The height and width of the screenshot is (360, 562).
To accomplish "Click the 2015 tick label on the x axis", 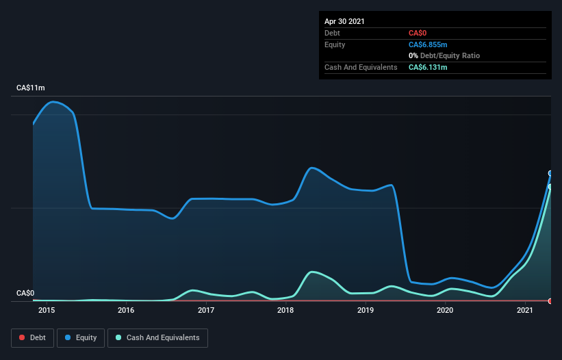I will [x=47, y=311].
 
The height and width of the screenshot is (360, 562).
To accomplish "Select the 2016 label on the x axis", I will [x=126, y=311].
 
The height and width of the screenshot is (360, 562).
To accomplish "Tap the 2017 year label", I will [x=206, y=311].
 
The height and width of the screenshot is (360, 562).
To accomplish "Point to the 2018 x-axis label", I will [x=285, y=311].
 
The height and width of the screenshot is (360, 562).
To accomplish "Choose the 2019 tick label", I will [x=366, y=311].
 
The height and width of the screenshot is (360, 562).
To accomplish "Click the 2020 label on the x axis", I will [x=445, y=311].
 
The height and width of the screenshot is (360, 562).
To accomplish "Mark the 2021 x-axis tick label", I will [x=525, y=311].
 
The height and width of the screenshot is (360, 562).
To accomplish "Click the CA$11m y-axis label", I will [x=31, y=88].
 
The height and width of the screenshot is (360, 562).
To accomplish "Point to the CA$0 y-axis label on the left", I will [x=25, y=294].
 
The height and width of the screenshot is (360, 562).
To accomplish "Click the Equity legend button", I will [x=81, y=338].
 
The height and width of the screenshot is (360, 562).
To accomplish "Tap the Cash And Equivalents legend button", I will [x=157, y=338].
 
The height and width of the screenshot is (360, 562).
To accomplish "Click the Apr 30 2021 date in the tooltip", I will [x=344, y=21].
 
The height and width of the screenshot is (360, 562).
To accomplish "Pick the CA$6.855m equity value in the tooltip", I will [x=429, y=44].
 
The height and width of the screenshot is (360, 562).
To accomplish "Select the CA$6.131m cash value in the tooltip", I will [x=429, y=67].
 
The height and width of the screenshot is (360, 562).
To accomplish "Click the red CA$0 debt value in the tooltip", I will [x=418, y=33].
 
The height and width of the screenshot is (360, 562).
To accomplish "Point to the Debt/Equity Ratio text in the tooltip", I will [x=450, y=55].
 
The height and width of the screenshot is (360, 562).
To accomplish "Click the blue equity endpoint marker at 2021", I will [x=550, y=173].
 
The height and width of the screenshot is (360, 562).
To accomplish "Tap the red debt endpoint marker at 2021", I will [x=550, y=300].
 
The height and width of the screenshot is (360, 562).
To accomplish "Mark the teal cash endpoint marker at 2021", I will [x=550, y=186].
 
